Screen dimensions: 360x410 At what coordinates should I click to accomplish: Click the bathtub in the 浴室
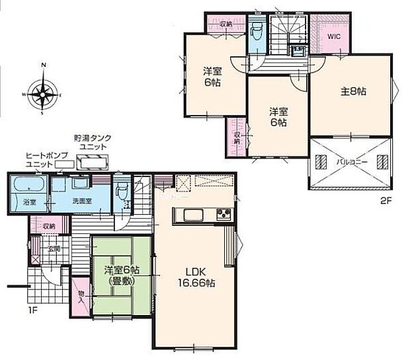(x=28, y=184)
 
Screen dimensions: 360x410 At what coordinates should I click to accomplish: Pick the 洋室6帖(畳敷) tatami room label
(x=122, y=275)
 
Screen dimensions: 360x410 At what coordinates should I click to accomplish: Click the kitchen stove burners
(x=224, y=214)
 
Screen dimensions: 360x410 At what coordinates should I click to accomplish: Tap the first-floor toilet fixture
(x=121, y=192)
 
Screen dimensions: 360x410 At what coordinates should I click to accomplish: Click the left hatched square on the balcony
(x=322, y=161)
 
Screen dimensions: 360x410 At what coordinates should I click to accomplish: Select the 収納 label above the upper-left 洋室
(x=226, y=24)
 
